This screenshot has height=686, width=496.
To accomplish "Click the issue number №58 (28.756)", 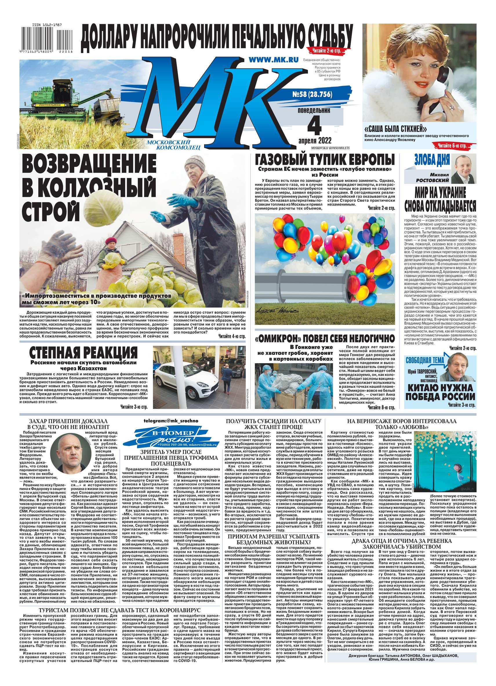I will tap(310, 95).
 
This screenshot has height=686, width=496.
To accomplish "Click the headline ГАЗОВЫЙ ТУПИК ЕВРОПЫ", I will tap(324, 159).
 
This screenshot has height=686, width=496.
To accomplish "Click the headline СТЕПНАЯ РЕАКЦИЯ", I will tap(83, 352).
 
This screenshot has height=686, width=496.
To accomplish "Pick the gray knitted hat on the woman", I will tap(195, 163).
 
